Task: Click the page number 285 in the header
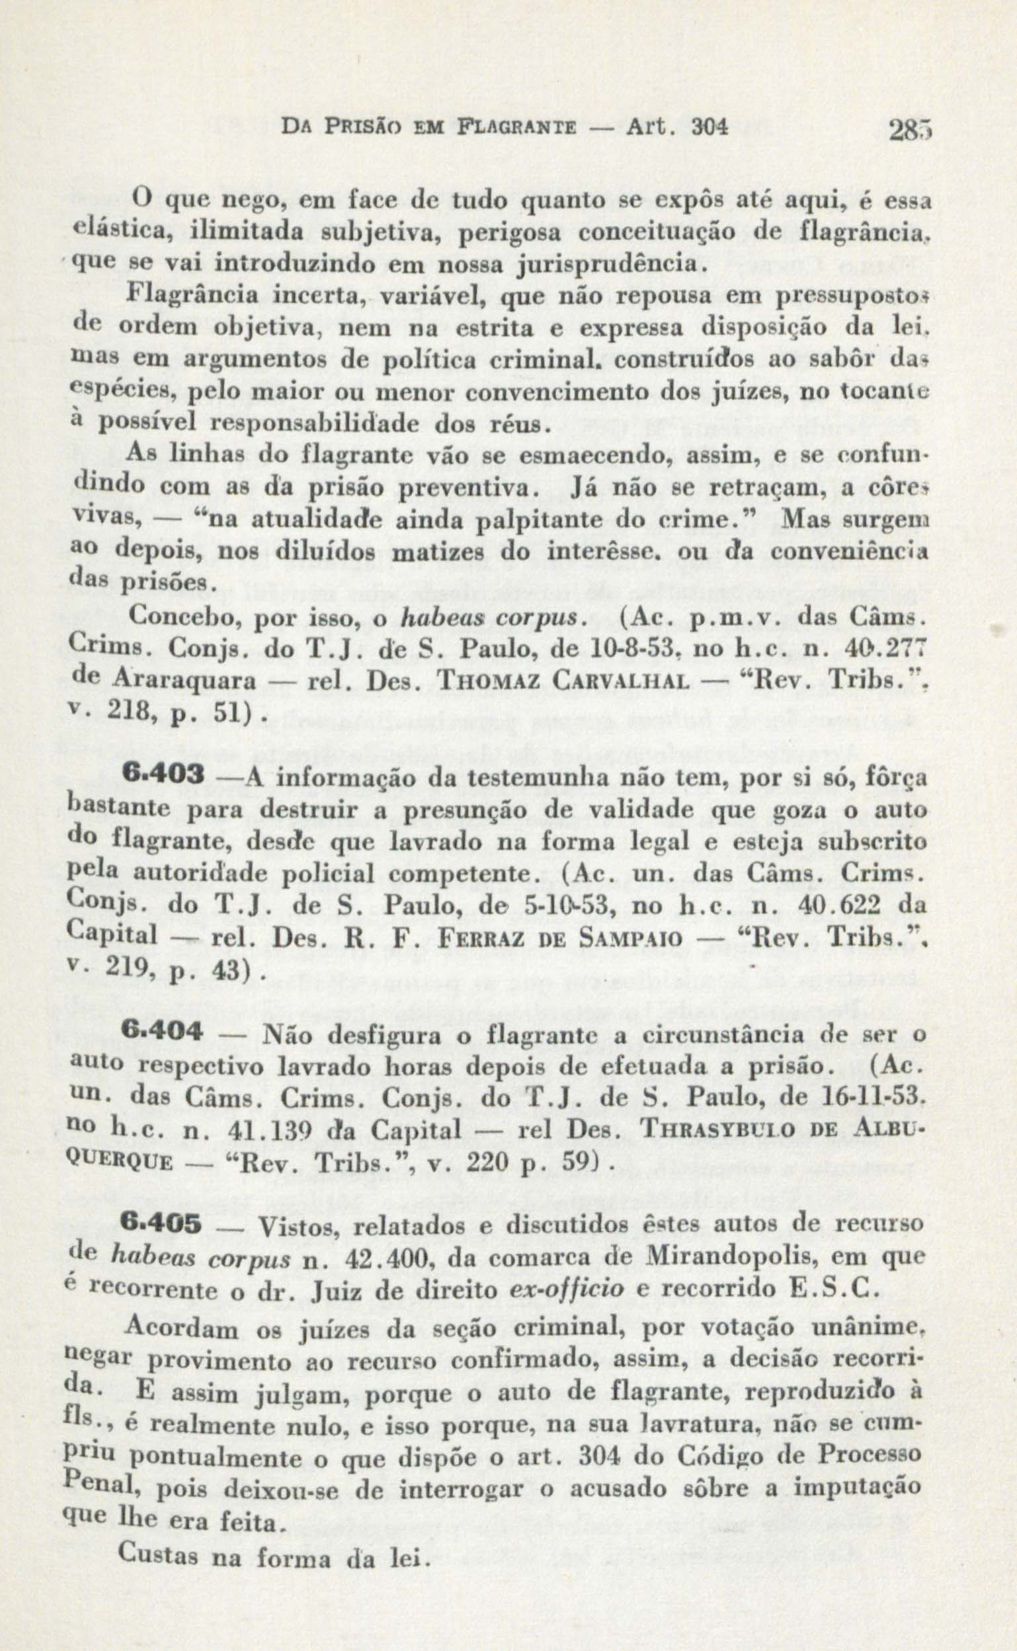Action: [908, 130]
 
